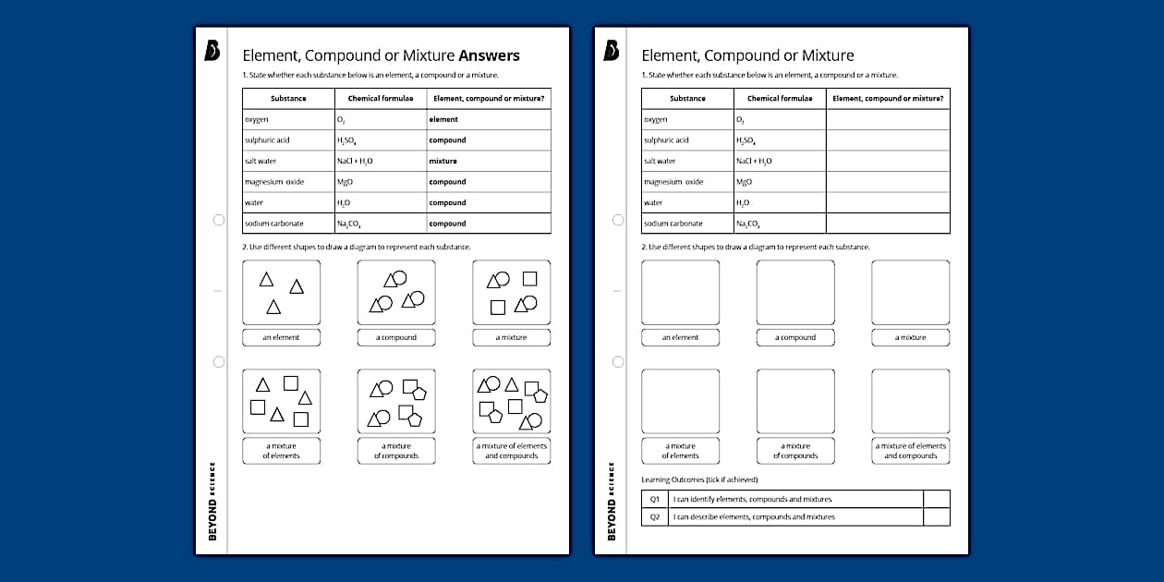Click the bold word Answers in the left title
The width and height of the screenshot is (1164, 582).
pos(489,55)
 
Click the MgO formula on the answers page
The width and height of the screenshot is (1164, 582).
pos(346,182)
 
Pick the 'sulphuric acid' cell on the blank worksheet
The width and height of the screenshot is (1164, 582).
pos(666,140)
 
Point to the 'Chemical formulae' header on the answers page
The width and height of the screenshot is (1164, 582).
pos(381,98)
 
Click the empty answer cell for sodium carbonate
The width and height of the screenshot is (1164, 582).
pos(887,224)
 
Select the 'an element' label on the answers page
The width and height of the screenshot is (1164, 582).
pos(281,337)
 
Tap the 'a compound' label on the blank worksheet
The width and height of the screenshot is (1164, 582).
pos(795,337)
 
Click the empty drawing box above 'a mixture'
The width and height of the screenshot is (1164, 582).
pos(910,292)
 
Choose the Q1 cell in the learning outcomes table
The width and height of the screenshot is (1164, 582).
pos(654,499)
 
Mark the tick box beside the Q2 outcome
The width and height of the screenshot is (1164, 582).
pos(936,516)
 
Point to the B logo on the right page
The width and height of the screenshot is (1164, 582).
pos(611,51)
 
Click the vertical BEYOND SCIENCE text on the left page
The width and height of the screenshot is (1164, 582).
pos(212,500)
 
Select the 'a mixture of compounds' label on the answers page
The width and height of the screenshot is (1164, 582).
pos(396,451)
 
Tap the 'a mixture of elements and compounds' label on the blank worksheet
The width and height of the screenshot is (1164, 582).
pos(910,451)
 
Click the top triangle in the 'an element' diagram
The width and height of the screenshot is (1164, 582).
pos(266,279)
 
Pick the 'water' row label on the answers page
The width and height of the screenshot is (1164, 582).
pos(254,202)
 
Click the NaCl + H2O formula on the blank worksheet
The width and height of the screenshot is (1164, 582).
pos(755,161)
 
